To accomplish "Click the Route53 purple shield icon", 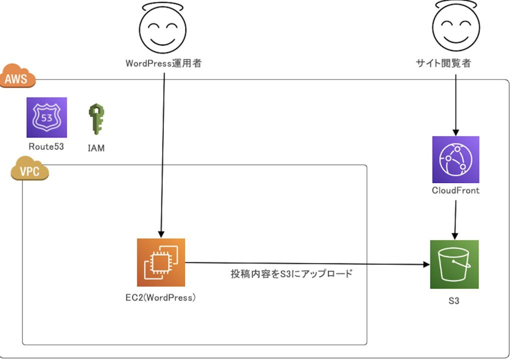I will (46, 117).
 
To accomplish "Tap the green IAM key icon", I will (95, 119).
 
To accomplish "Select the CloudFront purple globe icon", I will (455, 159).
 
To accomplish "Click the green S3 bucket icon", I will (454, 264).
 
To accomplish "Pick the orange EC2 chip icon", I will (161, 262).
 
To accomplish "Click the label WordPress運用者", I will (163, 63).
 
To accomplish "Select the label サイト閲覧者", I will (443, 63).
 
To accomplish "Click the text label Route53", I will (46, 147).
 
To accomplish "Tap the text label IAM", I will (95, 148).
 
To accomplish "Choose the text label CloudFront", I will (455, 190).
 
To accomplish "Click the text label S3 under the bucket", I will (454, 301).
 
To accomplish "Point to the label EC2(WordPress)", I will (160, 298).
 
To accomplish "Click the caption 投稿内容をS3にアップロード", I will (291, 274).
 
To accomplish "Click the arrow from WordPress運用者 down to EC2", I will (162, 150).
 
